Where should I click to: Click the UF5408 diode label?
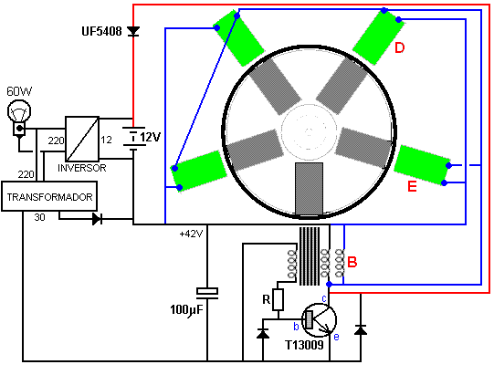101,31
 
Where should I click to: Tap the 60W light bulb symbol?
19,117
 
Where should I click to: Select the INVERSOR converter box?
82,139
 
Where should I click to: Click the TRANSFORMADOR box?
49,196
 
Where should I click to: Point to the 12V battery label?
150,137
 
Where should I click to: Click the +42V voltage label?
191,234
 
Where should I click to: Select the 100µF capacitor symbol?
207,293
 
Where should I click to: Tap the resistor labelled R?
278,299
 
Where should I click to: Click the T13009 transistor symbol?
319,320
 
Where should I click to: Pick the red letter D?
399,47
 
